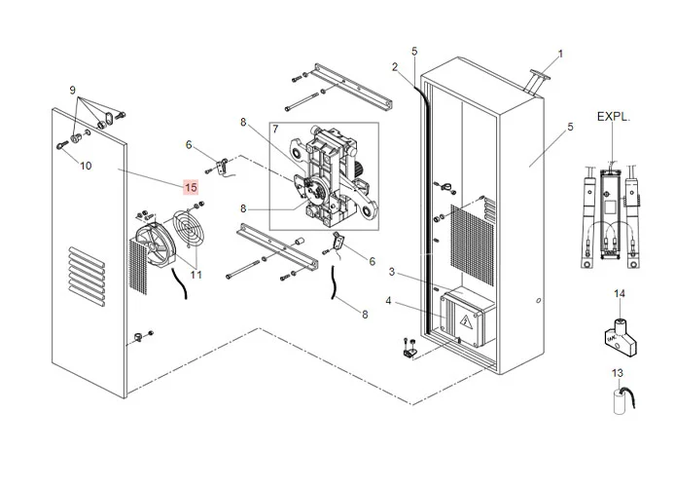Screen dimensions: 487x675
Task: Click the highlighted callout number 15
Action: click(x=190, y=186)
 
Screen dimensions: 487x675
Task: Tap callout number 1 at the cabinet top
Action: click(x=559, y=54)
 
